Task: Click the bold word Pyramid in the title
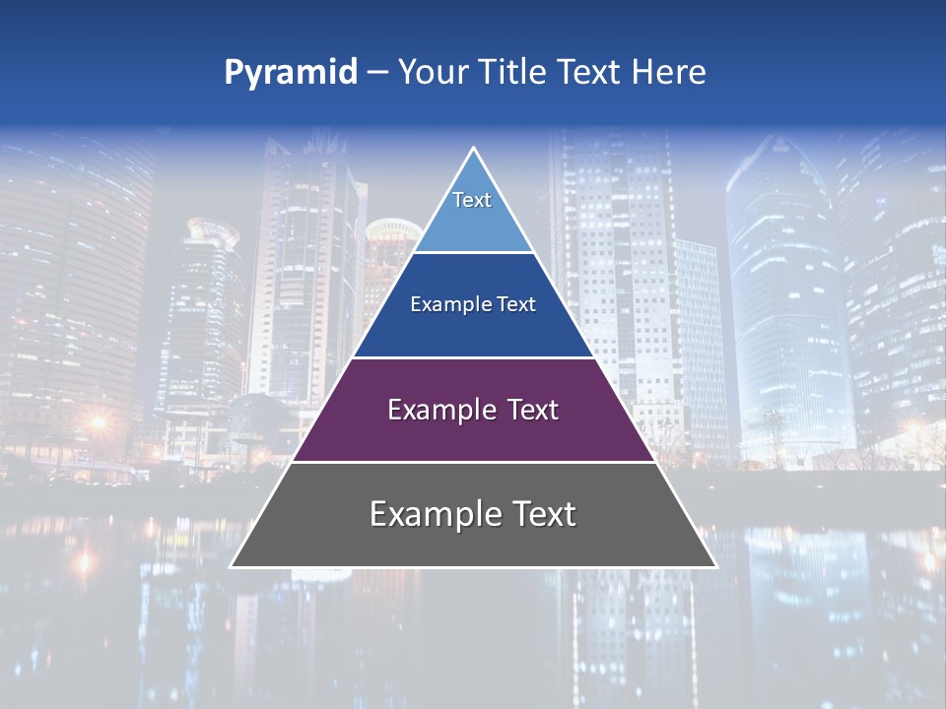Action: click(291, 73)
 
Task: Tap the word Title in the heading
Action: click(507, 73)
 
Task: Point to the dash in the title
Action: click(377, 73)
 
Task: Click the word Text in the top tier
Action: click(472, 200)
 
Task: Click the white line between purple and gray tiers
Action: click(473, 462)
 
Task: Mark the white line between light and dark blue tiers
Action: click(473, 253)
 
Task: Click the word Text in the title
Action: click(589, 73)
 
